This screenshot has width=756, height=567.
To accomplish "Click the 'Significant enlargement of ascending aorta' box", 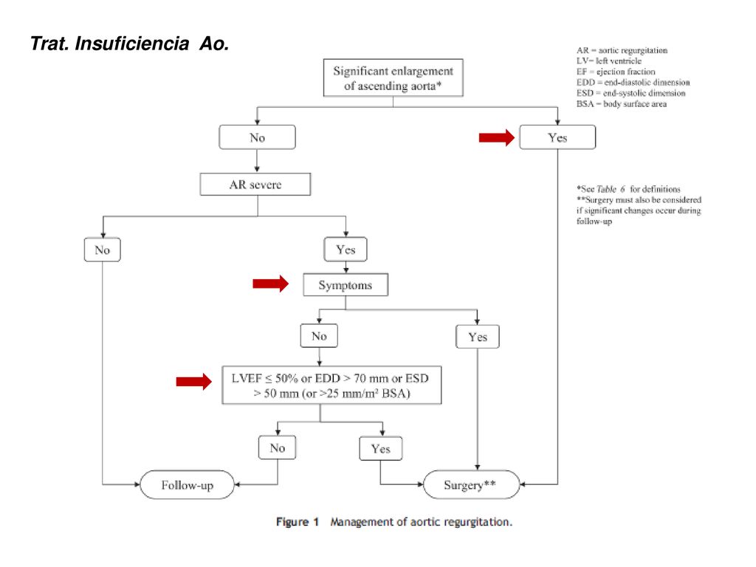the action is click(393, 78).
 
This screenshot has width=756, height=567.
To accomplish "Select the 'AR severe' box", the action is click(255, 184).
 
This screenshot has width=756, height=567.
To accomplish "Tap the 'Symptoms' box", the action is click(346, 285).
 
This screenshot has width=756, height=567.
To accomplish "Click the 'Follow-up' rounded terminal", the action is click(187, 484).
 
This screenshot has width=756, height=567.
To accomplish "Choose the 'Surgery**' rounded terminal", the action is click(471, 484).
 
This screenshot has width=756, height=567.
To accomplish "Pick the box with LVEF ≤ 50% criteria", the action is click(331, 385).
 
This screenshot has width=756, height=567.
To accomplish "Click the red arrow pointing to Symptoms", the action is click(270, 284).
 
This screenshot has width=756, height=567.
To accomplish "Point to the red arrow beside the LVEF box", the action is click(194, 382).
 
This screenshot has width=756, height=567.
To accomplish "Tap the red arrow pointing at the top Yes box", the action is click(497, 137).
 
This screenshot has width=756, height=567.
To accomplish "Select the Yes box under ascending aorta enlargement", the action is click(557, 137).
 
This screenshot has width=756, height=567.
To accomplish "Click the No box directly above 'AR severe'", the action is click(257, 137).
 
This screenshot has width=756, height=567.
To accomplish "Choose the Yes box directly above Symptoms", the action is click(346, 250).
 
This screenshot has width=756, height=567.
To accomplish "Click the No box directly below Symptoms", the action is click(319, 336).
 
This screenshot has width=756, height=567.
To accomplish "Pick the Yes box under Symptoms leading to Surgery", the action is click(478, 337).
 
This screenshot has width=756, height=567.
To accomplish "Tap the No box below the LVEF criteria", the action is click(278, 448).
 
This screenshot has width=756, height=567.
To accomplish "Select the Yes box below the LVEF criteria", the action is click(381, 449).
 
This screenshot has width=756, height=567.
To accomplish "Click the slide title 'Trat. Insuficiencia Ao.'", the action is click(129, 44).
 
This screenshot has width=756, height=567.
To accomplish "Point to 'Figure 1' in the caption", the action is click(298, 522).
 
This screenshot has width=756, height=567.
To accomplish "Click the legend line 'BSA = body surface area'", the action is click(622, 103).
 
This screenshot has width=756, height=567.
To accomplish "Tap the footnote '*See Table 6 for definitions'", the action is click(628, 189).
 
